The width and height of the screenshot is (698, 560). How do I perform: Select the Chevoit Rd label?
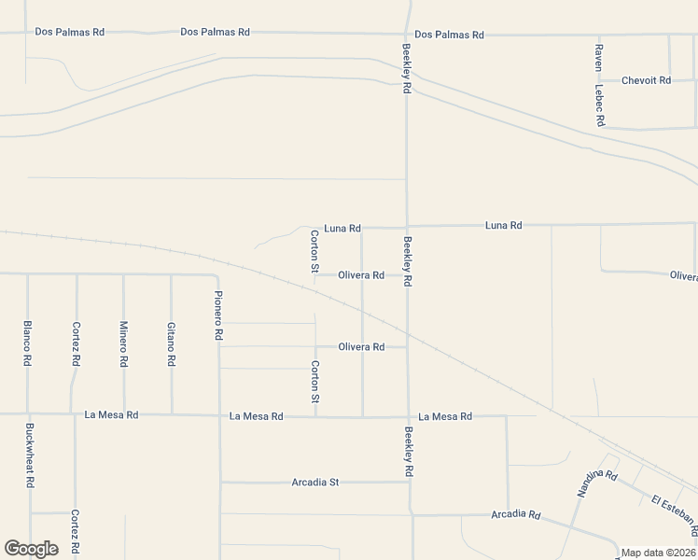646,80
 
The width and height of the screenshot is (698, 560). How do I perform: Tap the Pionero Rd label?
218,315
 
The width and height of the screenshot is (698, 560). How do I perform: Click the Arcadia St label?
315,483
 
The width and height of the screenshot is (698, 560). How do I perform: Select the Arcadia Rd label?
516,514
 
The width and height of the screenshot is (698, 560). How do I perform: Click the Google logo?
31,549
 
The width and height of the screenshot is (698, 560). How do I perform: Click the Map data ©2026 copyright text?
659,553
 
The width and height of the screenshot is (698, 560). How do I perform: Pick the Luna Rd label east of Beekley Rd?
503,226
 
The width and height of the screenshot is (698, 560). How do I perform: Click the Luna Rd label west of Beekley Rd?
342,228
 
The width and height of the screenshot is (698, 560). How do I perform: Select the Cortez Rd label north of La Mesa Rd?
76,343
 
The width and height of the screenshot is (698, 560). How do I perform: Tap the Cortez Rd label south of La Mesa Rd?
75,532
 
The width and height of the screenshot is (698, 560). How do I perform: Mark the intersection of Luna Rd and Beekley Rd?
406,227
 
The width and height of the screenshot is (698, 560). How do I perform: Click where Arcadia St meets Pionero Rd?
220,483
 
